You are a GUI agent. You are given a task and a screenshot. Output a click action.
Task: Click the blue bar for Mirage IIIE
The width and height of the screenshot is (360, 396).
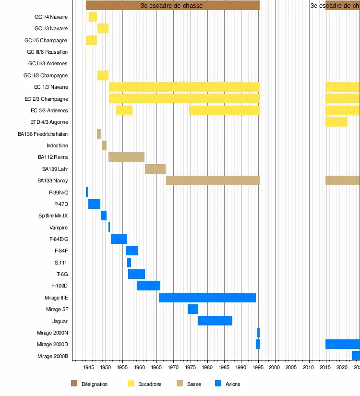[x=207, y=298]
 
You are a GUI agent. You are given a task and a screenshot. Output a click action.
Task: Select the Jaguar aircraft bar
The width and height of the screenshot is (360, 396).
[x=215, y=321]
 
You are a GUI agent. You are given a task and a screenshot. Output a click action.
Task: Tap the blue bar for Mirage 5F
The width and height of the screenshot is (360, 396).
[x=193, y=309]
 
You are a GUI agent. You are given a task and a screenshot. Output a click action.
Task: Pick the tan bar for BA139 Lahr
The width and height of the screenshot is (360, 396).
[x=155, y=169]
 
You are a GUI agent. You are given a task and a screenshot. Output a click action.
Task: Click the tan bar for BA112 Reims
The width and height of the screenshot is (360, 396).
[x=126, y=157]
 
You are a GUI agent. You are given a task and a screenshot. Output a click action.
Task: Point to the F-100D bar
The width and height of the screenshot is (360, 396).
[x=148, y=286]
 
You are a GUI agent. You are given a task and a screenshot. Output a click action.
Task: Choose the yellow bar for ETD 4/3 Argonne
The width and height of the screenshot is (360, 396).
[x=336, y=122]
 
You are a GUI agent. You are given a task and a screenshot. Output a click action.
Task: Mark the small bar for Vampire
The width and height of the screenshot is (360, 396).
[x=109, y=227]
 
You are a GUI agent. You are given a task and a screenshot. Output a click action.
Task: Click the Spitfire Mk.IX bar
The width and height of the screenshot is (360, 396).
[x=104, y=216]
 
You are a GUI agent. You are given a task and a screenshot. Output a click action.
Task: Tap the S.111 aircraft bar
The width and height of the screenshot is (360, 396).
[x=129, y=263]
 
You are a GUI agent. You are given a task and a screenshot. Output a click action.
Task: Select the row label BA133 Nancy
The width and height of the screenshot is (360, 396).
[x=52, y=181]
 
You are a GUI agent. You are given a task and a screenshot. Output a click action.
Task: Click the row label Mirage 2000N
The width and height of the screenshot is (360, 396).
[x=52, y=333]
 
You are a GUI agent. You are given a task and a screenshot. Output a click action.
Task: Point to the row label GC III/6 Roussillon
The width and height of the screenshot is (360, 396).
[x=47, y=52]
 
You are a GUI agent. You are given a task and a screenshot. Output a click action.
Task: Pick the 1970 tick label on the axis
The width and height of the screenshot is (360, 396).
[x=173, y=368]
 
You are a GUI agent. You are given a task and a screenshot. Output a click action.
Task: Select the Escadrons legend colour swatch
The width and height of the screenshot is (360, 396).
[x=131, y=384]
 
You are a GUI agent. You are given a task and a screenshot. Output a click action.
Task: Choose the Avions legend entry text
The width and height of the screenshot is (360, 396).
[x=233, y=384]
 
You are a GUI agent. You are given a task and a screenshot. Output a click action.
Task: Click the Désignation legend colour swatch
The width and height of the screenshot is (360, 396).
[x=74, y=384]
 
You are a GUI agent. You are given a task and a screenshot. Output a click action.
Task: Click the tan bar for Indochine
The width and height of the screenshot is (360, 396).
[x=104, y=145]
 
